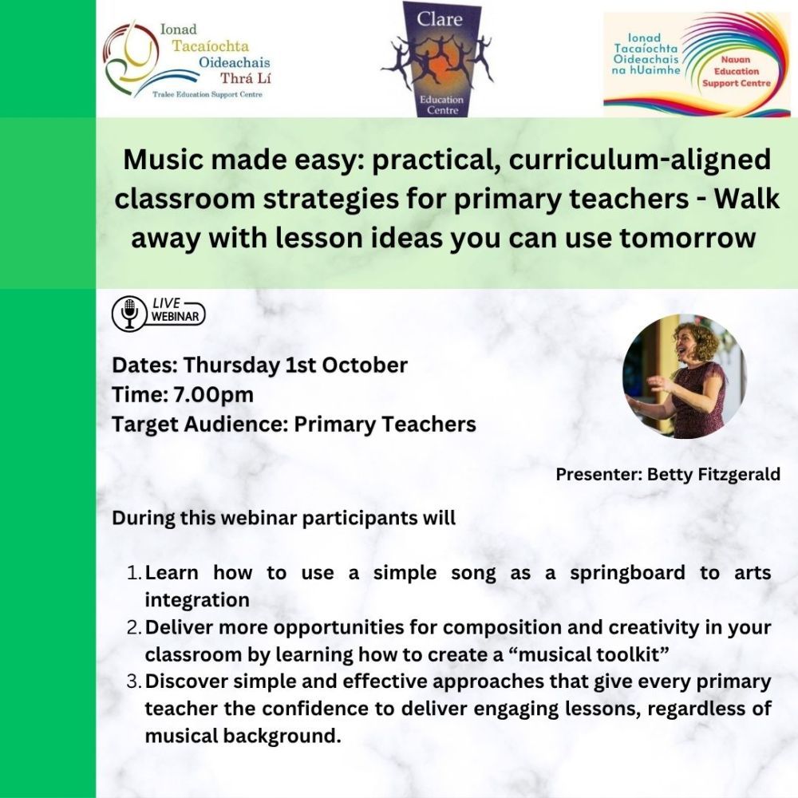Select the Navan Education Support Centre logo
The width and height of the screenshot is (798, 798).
(696, 65)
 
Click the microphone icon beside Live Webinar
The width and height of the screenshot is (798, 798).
(130, 313)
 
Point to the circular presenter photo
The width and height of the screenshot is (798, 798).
(684, 376)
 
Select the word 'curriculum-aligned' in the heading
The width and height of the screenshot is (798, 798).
(640, 160)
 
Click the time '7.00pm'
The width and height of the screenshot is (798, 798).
(214, 395)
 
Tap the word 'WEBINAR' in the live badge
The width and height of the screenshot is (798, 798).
(176, 317)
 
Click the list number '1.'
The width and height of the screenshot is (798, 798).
(134, 573)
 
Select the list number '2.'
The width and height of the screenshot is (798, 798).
(134, 627)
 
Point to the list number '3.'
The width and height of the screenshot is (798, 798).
(134, 682)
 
